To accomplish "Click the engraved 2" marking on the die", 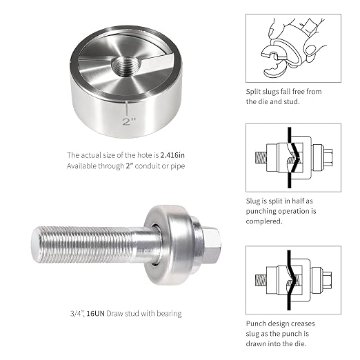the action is pos(129,121).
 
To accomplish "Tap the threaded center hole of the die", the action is pos(126,67).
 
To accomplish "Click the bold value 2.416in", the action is pos(172,155).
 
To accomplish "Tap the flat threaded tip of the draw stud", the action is pos(35,244).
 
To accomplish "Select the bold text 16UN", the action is pos(96,313).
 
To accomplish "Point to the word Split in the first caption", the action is pos(253,92).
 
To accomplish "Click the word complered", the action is pos(264,221).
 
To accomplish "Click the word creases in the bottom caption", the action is pos(303,323).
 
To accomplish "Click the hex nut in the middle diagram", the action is pos(328,157).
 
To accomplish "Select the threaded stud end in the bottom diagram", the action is pos(261,280).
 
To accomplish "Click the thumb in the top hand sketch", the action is pos(274,30).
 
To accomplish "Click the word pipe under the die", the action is pos(178,166).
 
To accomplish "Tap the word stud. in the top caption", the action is pos(292,101).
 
